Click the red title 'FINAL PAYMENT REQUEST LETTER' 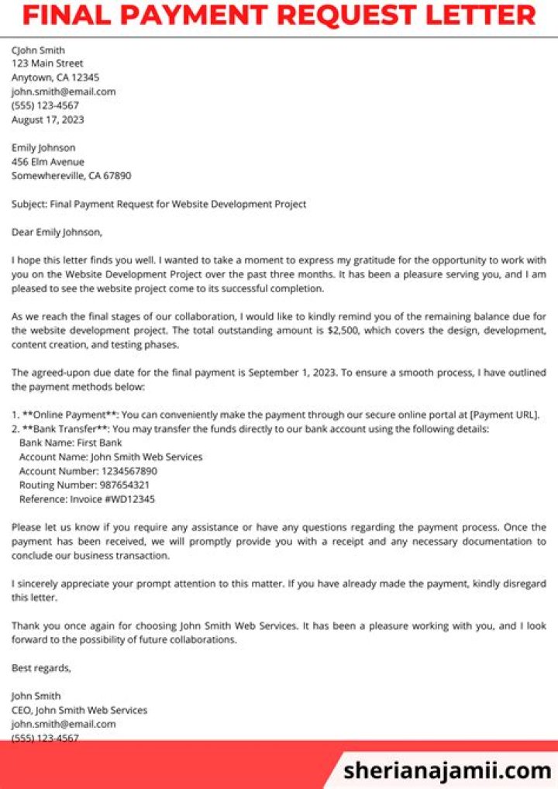tap(278, 15)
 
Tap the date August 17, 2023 tap(47, 119)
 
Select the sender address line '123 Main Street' tap(47, 64)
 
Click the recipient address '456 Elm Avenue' tap(47, 162)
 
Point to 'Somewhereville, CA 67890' tap(71, 176)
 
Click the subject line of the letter tap(159, 204)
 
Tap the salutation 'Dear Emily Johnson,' tap(57, 232)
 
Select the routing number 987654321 tap(124, 484)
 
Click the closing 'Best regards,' tap(41, 667)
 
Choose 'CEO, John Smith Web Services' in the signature tap(79, 709)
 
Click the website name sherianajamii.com tap(447, 770)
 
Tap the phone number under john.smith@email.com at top tap(45, 105)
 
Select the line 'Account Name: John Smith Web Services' tap(111, 457)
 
